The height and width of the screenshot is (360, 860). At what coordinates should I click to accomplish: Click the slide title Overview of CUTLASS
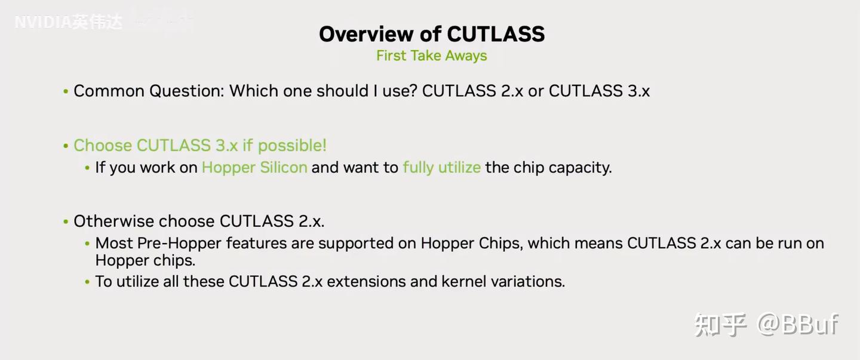[x=431, y=34]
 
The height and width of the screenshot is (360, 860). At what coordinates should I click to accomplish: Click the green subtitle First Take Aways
[x=431, y=56]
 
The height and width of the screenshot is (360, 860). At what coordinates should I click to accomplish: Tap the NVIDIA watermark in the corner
[x=68, y=23]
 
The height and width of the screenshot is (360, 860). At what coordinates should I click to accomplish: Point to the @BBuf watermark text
[x=798, y=324]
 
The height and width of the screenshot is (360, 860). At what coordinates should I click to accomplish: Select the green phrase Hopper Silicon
[x=254, y=168]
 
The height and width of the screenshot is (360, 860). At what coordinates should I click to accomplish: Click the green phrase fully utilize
[x=441, y=168]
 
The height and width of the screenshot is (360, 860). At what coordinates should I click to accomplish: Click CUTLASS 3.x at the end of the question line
[x=599, y=91]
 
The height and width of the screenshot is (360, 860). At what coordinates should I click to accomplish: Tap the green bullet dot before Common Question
[x=66, y=92]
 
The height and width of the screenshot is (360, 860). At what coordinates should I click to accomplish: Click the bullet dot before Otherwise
[x=66, y=222]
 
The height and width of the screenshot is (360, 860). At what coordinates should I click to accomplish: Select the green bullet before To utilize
[x=88, y=282]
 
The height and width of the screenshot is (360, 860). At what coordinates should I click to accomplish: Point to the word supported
[x=328, y=244]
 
